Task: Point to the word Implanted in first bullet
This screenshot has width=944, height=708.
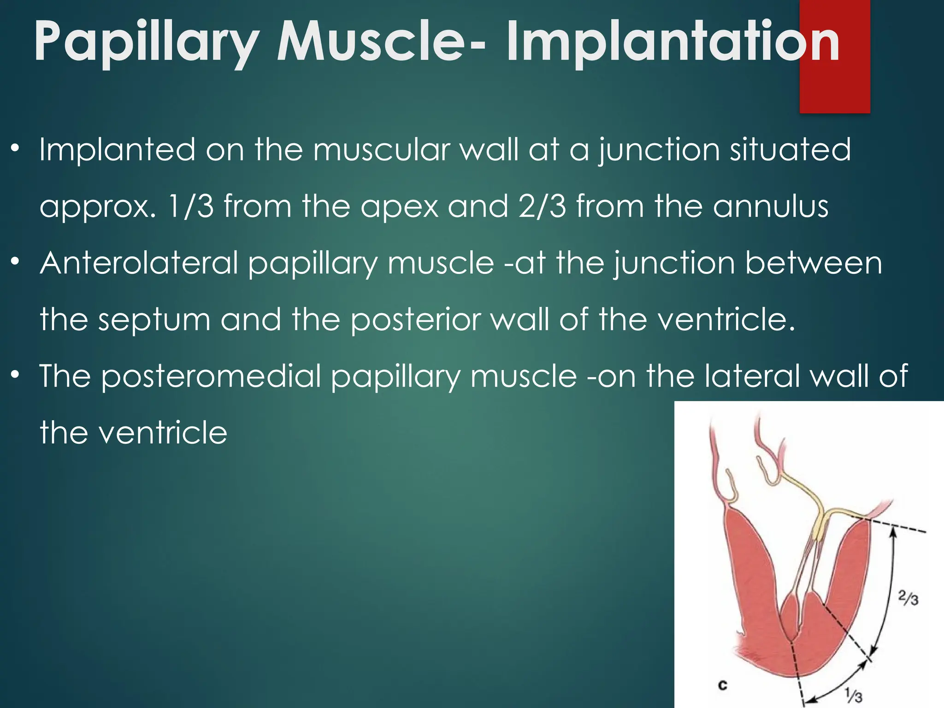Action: (117, 149)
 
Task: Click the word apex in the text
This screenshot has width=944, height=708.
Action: (399, 206)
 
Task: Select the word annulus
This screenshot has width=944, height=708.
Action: (770, 206)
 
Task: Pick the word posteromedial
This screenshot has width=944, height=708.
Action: (211, 376)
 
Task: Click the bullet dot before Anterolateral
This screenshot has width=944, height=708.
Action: (16, 262)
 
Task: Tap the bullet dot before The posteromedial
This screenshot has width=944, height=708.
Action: (16, 374)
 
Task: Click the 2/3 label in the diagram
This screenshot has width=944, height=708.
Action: (908, 598)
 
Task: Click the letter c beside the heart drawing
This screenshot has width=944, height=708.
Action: (722, 685)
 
